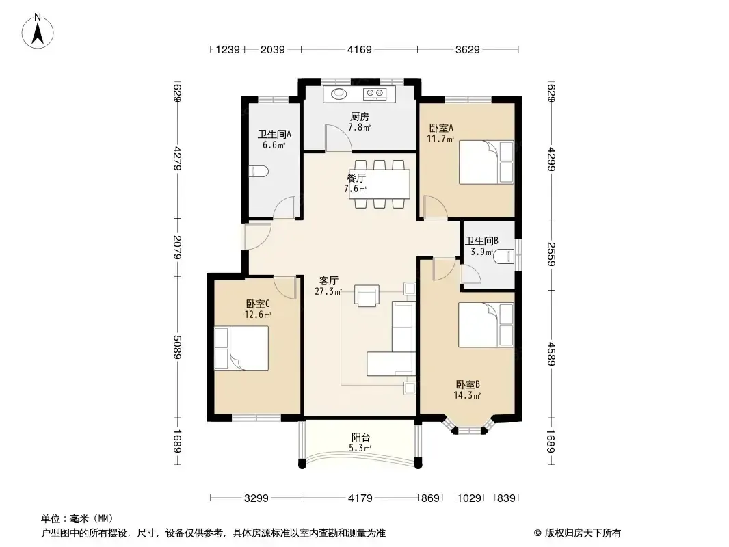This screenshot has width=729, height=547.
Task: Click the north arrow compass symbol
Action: tap(38, 31)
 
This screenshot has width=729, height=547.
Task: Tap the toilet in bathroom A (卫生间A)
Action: tap(259, 171)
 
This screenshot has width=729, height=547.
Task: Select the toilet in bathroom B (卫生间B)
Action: tap(505, 256)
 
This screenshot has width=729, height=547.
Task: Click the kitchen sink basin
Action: tap(339, 94)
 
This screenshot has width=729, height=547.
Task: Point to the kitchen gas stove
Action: tap(375, 94)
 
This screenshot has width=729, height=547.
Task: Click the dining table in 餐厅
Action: tap(380, 184)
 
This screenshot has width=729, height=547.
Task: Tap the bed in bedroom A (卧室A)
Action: tap(486, 162)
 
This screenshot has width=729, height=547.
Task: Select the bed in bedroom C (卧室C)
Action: tap(241, 348)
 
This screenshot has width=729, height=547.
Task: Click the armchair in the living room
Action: tap(367, 296)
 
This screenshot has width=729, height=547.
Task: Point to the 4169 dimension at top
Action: tap(360, 49)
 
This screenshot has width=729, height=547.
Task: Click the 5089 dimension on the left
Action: tap(177, 347)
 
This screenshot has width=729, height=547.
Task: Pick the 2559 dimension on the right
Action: tap(551, 254)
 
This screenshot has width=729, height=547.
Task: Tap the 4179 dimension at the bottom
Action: tap(360, 498)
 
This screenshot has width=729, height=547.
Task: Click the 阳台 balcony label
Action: tap(360, 438)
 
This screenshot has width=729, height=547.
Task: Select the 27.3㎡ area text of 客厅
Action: tap(328, 291)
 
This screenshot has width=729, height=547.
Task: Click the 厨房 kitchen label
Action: tap(360, 117)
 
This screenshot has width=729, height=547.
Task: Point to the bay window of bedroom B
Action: tap(468, 426)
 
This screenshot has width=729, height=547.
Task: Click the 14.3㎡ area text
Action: tap(467, 395)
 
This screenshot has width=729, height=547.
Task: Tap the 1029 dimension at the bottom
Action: tap(469, 498)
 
